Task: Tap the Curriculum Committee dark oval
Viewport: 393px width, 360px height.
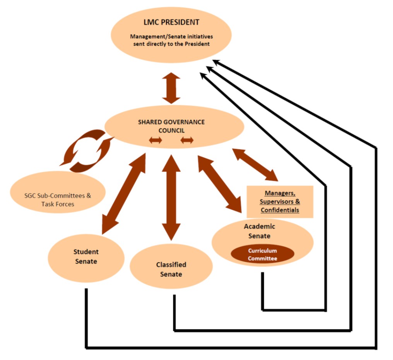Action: click(262, 254)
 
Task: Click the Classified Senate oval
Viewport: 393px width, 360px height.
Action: click(171, 269)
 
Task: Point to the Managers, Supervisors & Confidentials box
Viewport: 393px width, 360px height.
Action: click(280, 202)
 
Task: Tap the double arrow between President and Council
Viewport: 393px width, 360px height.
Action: click(171, 88)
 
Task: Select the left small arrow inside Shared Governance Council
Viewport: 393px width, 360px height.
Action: click(155, 141)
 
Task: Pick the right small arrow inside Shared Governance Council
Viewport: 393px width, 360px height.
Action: click(187, 141)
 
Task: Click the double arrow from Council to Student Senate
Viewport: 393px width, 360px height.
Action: click(123, 194)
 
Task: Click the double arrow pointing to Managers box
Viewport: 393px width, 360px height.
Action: click(255, 165)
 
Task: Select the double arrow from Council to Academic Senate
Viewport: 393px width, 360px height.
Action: click(220, 183)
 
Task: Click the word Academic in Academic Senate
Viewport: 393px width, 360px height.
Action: click(259, 226)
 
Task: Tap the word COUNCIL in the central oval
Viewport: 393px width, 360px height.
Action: click(171, 130)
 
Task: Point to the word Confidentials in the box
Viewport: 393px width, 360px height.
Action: click(280, 210)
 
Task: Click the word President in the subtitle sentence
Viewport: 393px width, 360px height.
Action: click(198, 44)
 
